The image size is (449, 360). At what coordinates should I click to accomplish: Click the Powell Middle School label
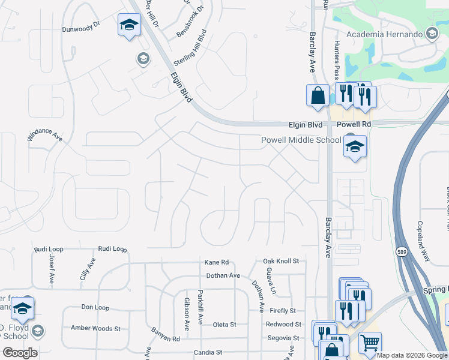pos(301,140)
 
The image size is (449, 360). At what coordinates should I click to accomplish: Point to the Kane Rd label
pos(217,262)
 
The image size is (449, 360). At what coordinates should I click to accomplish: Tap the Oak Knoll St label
pos(281,262)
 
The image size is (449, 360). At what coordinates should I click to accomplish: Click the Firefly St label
pos(283,311)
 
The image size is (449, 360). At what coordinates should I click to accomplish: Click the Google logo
pos(20,352)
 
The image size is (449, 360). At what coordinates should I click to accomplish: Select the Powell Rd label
pos(354,124)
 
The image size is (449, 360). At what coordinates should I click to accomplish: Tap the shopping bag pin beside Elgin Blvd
pos(318,95)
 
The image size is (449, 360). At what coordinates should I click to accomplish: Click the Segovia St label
pos(285,338)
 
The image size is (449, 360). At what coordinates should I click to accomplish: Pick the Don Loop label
pos(95,307)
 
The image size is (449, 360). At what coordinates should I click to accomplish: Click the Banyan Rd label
pos(166,339)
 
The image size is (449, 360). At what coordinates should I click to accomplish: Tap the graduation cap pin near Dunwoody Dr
pos(128,25)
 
